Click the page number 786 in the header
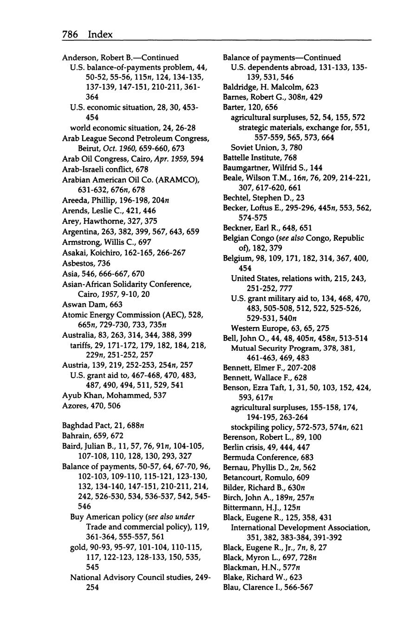70,34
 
